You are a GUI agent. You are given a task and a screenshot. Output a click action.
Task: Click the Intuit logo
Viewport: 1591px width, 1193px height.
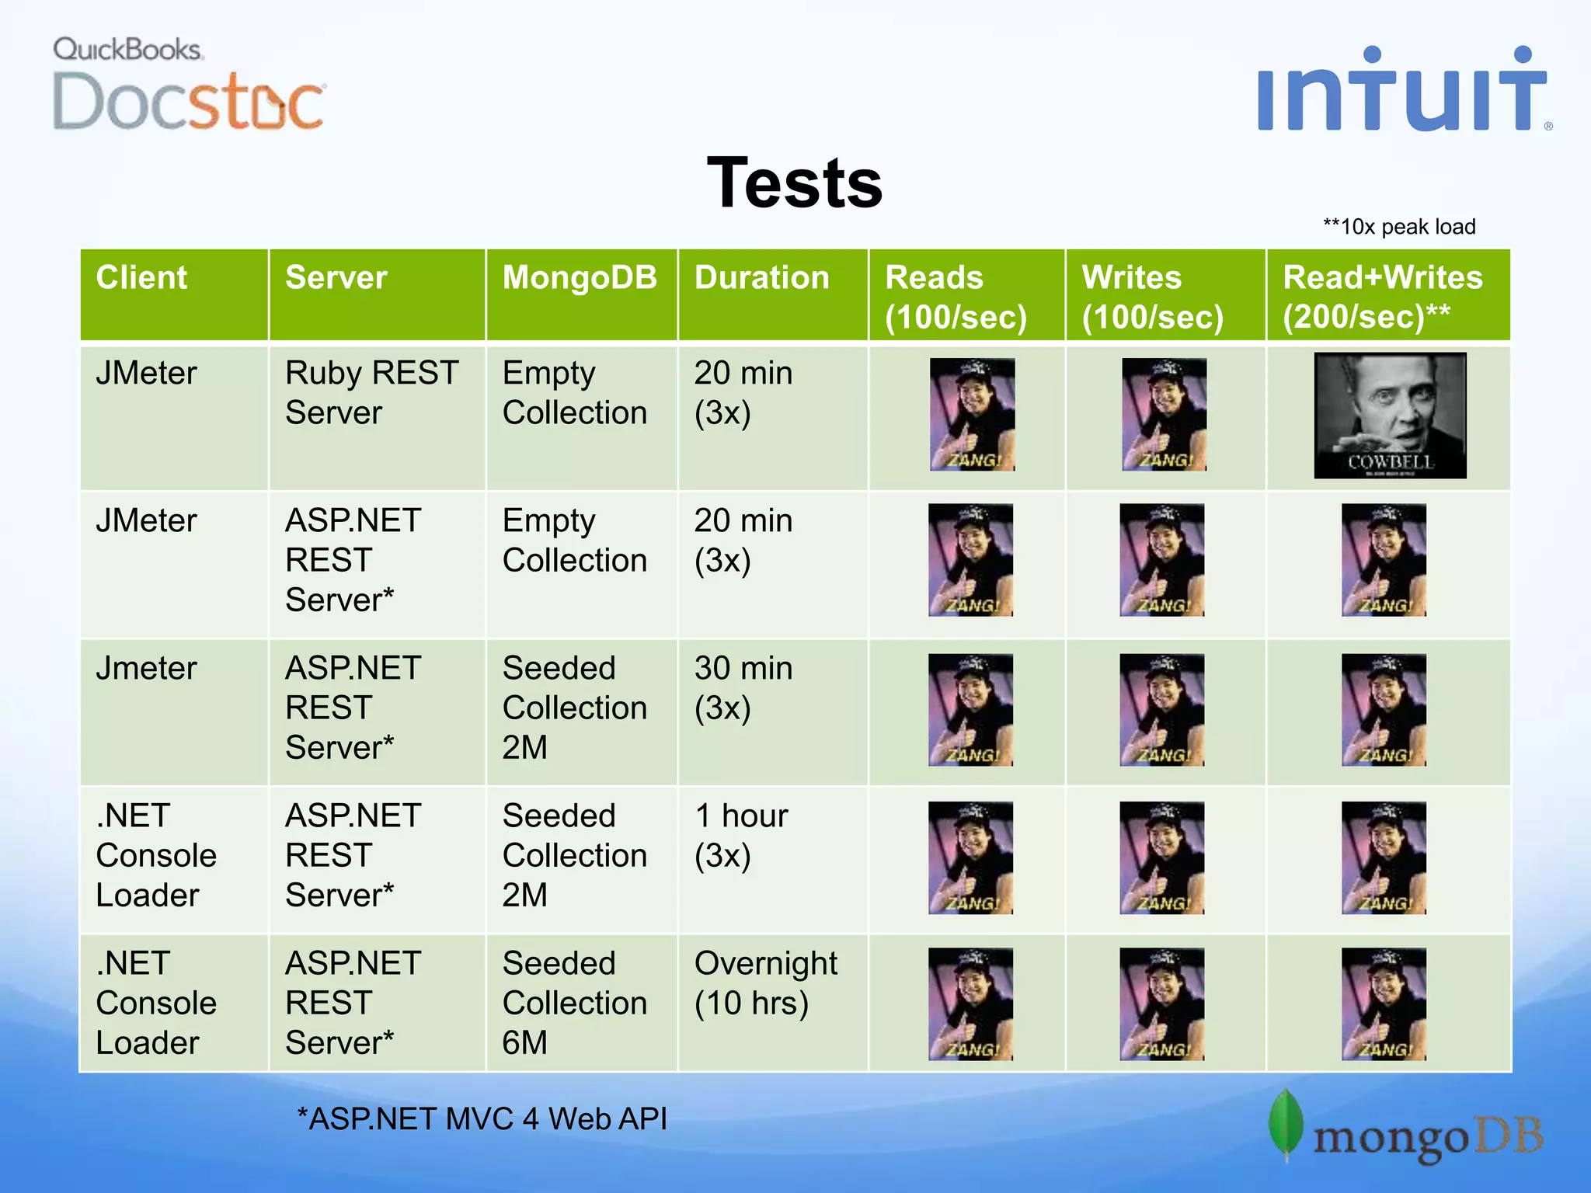(x=1403, y=90)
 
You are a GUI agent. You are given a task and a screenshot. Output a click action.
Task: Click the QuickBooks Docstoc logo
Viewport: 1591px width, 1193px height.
(x=188, y=84)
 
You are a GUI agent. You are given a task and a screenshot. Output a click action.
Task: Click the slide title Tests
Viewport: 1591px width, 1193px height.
(x=795, y=183)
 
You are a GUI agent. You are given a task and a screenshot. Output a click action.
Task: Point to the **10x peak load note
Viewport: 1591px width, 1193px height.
(x=1399, y=227)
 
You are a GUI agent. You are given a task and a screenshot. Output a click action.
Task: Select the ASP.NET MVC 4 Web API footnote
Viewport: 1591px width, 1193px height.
(x=482, y=1118)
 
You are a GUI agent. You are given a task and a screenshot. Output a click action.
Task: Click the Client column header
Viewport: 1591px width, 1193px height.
(x=141, y=278)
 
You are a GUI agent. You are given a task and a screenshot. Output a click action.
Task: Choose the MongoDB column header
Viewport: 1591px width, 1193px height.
(x=580, y=278)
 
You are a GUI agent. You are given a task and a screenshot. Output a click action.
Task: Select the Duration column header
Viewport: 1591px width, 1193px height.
(x=762, y=278)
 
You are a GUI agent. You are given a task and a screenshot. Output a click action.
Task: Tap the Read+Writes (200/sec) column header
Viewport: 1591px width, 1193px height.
(x=1382, y=297)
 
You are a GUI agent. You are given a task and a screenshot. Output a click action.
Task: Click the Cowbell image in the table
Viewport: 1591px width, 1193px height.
(x=1390, y=416)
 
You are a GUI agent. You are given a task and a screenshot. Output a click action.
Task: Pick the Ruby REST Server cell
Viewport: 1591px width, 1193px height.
(x=372, y=393)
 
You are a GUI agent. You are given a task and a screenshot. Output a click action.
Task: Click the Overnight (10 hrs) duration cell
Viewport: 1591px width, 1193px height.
(x=765, y=983)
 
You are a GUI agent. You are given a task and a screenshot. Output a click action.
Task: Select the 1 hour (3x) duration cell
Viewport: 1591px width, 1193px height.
(x=741, y=836)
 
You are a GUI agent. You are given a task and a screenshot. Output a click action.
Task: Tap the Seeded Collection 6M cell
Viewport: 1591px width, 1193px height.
(x=574, y=1003)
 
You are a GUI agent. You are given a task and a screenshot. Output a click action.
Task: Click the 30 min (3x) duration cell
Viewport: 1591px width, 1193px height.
(x=743, y=688)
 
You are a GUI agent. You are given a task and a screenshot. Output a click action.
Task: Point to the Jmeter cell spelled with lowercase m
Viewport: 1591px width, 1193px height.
(x=146, y=669)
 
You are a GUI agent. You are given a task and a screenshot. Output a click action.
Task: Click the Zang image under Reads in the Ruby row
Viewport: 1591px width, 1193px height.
(x=972, y=415)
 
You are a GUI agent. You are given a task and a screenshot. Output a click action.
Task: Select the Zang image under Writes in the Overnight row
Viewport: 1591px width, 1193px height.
(x=1161, y=1003)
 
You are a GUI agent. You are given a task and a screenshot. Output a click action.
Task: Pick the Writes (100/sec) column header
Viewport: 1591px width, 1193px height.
(x=1152, y=297)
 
